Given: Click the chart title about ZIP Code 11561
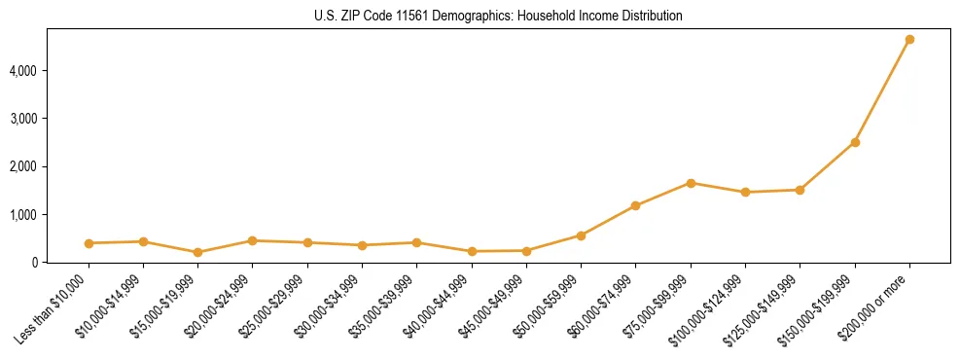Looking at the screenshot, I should coord(499,16).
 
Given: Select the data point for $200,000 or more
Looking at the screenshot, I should coord(909,40).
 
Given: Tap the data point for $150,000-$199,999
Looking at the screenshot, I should coord(855,142).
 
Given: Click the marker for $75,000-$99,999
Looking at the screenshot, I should coord(691,183).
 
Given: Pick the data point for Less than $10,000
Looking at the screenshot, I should coord(89,243).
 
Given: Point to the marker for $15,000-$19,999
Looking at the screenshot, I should coord(197,252).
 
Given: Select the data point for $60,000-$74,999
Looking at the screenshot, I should coord(635,205).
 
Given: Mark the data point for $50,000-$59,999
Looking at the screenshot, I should coord(581,235).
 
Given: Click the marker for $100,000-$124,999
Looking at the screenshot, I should coord(745,193).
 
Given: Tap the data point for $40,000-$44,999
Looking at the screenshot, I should coord(472,251).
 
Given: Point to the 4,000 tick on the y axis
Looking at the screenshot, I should coord(21,71).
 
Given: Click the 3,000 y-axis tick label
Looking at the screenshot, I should coord(21,119).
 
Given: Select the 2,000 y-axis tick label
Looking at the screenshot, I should coord(21,166).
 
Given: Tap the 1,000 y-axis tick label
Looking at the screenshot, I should coord(21,214).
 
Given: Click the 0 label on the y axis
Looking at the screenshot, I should coord(34,262).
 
